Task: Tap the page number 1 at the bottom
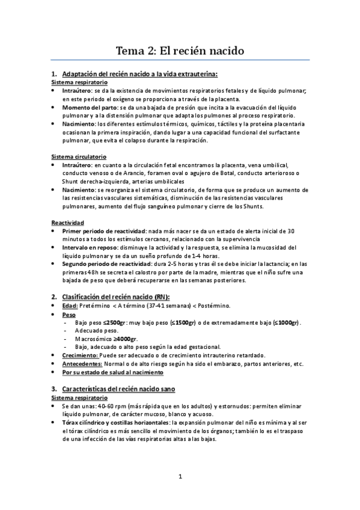180,478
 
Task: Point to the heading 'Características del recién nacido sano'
120,372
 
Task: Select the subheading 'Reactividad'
63,222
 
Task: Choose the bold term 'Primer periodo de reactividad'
105,230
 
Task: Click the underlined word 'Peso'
69,314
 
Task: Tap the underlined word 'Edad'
70,306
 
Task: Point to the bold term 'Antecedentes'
82,363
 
